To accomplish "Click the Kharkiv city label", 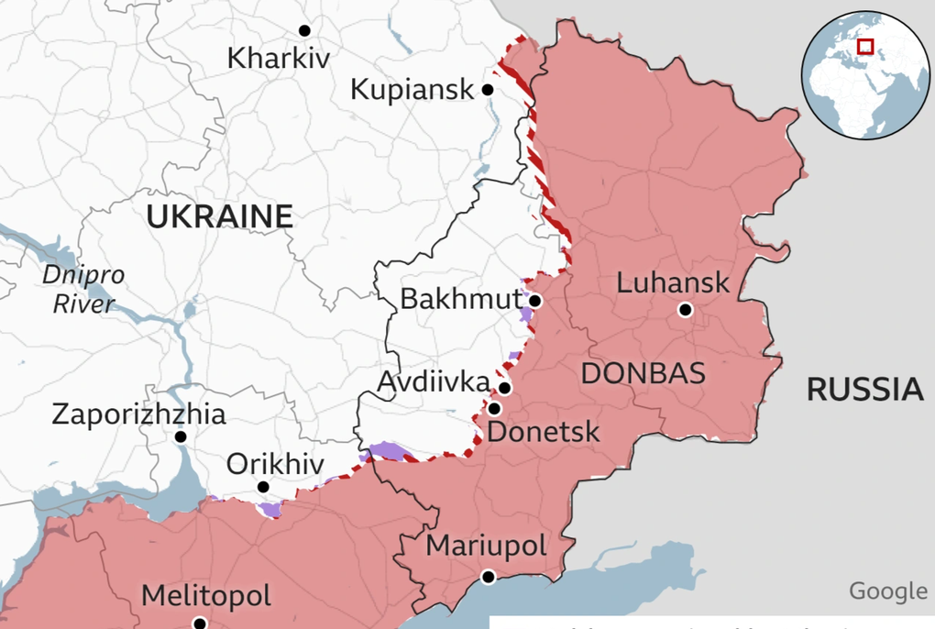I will pos(278,60).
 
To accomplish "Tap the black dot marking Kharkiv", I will pos(304,30).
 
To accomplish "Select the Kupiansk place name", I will pos(412,90).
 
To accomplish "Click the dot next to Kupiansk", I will pos(488,90).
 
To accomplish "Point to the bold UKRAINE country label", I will pos(220,217).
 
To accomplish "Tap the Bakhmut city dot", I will pos(535,301).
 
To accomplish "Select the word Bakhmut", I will pos(460,301).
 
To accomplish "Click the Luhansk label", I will pos(673,281).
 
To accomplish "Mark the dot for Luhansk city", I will pos(685,310).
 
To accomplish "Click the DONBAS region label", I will pos(643,373).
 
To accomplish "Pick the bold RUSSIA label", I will pos(864,390).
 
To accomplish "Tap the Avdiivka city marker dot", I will pos(504,389).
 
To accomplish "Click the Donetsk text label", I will pos(543,431).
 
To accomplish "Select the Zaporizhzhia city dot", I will pos(181,437).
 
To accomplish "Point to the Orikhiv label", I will pos(274,465).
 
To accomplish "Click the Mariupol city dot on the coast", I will pos(489,577).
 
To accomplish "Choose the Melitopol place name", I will pos(205,597).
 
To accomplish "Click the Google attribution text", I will pos(887,591).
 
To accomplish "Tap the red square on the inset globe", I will pos(864,46).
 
